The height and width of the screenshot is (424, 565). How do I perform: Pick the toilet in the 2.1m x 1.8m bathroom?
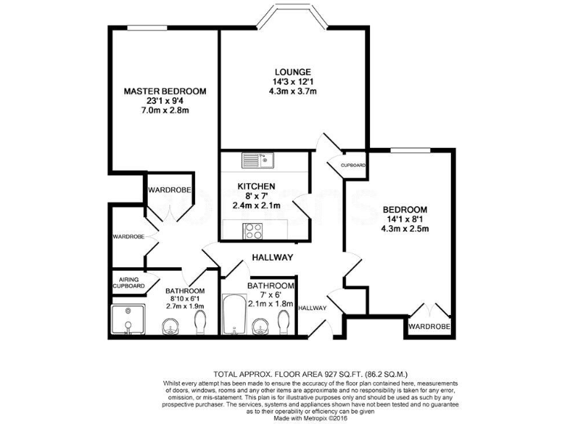point(285,322)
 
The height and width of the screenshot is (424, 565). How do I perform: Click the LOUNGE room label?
point(292,71)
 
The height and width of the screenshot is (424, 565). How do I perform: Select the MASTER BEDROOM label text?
point(165,91)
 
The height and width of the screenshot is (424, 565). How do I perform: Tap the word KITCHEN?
point(256,186)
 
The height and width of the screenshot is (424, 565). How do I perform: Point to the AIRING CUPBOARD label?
point(127,282)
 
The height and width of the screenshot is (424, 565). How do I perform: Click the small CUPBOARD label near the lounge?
point(354,165)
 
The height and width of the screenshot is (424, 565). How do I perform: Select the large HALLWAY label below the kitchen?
point(272,258)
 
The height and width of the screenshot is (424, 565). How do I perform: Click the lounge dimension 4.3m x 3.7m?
point(292,92)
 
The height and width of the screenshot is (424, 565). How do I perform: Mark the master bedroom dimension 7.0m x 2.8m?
point(165,111)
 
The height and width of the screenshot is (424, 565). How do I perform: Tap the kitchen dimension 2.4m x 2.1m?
point(256,206)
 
